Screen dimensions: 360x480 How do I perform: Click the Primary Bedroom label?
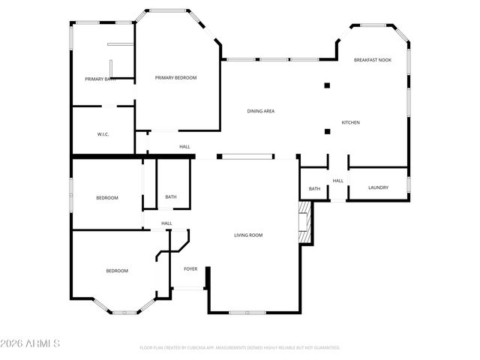click(175, 77)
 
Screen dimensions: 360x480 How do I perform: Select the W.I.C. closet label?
click(103, 134)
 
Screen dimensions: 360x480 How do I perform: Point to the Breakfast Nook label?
click(373, 59)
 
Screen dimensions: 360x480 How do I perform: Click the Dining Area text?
click(261, 111)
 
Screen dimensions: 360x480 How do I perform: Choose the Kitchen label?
click(351, 122)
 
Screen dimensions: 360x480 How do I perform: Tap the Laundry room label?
click(378, 187)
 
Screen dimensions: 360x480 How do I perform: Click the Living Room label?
click(248, 235)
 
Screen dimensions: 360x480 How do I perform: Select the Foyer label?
click(190, 268)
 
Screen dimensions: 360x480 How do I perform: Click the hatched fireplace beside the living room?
click(304, 223)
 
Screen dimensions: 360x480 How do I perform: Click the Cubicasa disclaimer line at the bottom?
click(240, 348)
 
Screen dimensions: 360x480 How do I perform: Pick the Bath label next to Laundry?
click(314, 189)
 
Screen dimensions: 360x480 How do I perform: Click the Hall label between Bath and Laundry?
click(338, 181)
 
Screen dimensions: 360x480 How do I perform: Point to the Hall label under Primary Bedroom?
click(184, 147)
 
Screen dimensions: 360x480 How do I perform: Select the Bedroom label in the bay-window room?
click(116, 271)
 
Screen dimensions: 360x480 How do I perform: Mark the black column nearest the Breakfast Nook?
click(327, 85)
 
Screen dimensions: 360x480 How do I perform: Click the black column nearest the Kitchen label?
click(327, 132)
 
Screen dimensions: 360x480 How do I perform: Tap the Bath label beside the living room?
click(171, 198)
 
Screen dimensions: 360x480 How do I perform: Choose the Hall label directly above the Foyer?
click(166, 223)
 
